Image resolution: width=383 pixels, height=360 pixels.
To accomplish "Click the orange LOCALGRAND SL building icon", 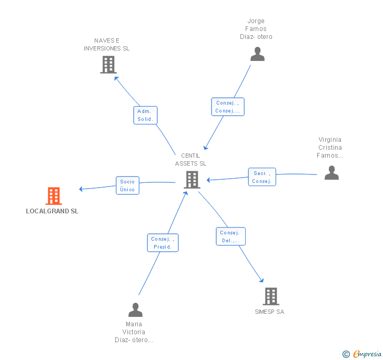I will (x=54, y=196).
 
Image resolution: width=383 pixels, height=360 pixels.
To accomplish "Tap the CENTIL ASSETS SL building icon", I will (x=191, y=180).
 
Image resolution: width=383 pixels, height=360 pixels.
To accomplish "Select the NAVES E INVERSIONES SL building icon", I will (x=108, y=65).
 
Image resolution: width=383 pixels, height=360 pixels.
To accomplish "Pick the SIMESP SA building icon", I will (x=270, y=296).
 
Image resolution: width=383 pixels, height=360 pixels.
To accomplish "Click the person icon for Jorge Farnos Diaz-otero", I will (x=257, y=54).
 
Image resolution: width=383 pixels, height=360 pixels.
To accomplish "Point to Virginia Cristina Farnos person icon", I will (x=331, y=173).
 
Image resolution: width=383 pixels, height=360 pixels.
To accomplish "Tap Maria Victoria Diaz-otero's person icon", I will (x=135, y=310).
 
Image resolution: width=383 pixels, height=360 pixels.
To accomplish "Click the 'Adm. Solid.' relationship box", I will (x=145, y=115).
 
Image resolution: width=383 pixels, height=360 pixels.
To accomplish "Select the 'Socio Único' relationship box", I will (x=127, y=186).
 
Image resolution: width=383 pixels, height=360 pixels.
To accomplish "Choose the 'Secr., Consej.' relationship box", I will (x=261, y=177).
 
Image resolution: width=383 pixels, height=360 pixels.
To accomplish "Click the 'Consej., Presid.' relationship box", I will (x=163, y=243).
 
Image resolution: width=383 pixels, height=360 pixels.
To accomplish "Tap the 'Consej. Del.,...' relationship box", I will (x=230, y=236).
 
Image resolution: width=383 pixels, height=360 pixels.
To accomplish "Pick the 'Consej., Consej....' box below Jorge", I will (x=228, y=107).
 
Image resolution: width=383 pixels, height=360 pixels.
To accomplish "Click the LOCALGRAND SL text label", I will (x=52, y=211).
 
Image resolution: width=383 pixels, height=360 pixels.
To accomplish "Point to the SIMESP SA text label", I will (x=269, y=312).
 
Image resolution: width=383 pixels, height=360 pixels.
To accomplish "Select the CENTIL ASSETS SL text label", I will (x=191, y=160).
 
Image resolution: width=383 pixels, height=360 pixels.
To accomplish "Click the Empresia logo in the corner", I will (x=367, y=354).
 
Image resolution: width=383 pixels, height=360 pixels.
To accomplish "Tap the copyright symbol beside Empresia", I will (x=346, y=354).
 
